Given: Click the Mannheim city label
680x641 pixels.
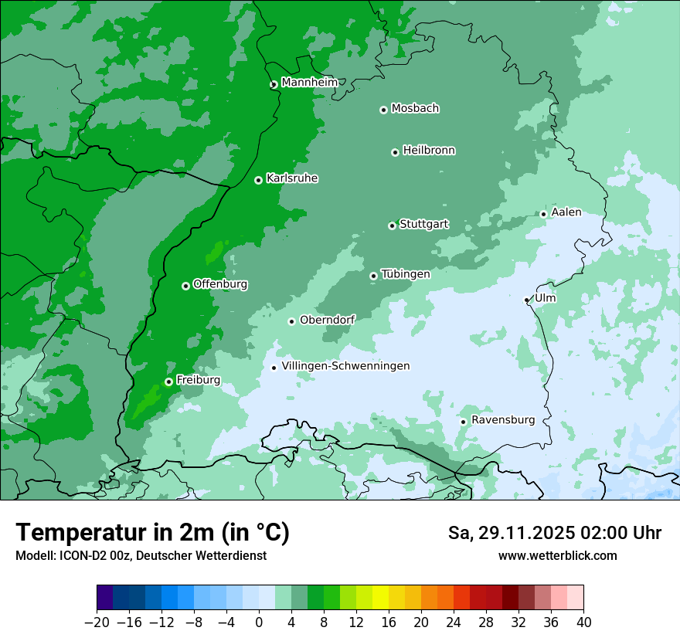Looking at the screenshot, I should [x=309, y=83].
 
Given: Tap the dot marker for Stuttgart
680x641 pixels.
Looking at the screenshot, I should [x=392, y=226].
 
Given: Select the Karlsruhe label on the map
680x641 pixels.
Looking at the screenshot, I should [x=292, y=178].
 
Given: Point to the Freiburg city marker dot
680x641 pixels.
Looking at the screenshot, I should [x=168, y=382].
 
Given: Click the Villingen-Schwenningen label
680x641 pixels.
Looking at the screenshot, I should [x=345, y=366].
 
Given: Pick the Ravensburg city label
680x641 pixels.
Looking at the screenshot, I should [x=502, y=420].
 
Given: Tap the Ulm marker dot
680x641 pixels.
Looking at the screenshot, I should [x=526, y=300].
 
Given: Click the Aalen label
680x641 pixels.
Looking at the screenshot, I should [x=566, y=212].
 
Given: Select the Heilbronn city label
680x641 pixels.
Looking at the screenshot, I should [x=429, y=151].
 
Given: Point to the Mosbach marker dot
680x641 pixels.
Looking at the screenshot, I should [x=383, y=110].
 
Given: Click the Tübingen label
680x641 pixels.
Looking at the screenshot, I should [x=406, y=274].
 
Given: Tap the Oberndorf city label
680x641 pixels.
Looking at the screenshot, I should [x=327, y=320].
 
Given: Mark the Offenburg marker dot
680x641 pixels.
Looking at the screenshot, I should [x=185, y=286].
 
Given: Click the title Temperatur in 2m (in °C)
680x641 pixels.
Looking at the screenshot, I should [x=152, y=533].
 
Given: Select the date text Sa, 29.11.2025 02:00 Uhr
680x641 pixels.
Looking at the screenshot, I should [x=554, y=533].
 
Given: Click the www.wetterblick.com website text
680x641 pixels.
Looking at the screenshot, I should [x=557, y=555].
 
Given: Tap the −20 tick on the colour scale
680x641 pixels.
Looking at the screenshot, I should [x=97, y=622].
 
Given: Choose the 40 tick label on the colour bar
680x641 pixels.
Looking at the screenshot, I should [x=583, y=622].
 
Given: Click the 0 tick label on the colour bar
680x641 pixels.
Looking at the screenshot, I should [x=259, y=622].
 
